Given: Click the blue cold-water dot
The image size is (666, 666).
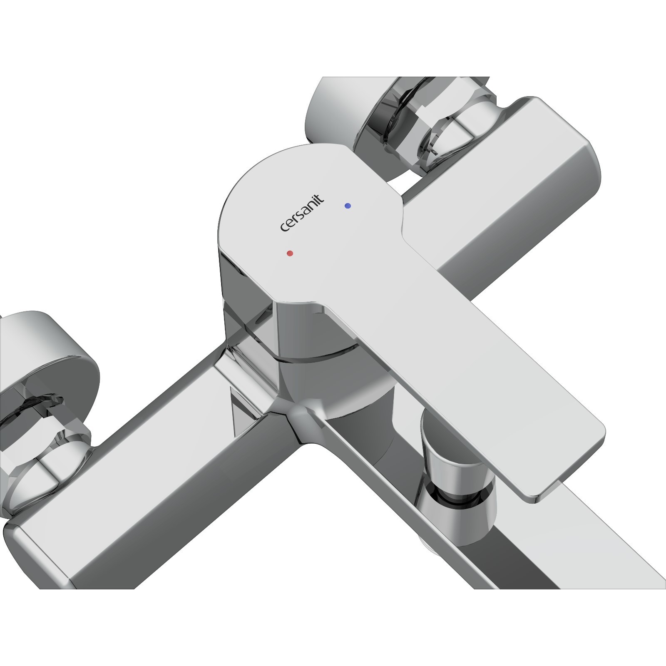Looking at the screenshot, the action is [348, 206].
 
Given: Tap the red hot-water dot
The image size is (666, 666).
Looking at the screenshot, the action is [290, 253].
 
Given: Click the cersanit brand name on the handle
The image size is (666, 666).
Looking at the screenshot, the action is [302, 214].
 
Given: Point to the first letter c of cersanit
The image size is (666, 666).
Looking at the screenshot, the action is [283, 229].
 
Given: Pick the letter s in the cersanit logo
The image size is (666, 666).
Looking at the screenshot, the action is [299, 217].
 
